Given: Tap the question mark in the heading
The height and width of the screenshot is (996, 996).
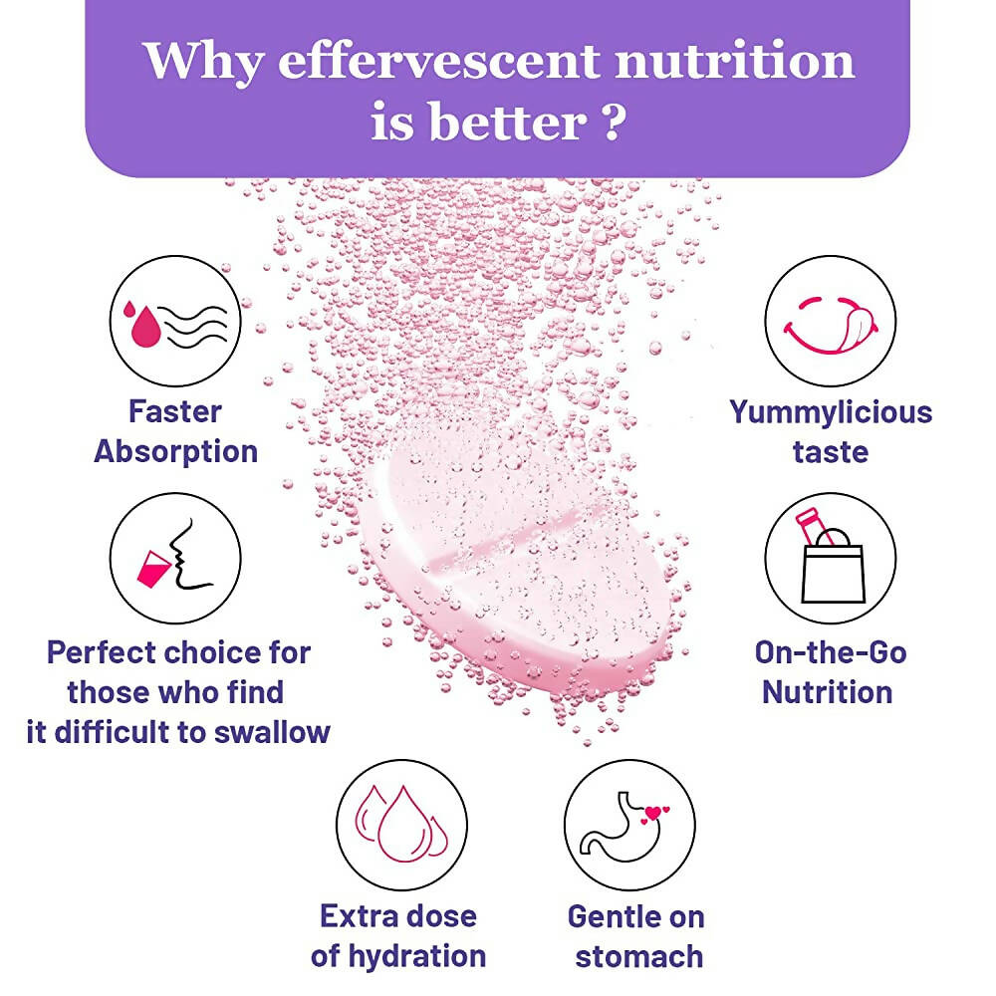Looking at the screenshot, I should point(614,123).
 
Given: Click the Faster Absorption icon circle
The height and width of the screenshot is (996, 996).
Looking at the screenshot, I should point(175,322).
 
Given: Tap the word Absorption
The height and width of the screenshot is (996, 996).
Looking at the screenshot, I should point(175,451).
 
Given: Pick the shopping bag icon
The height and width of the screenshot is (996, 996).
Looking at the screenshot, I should point(830,560).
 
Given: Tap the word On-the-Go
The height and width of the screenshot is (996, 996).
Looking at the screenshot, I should point(830,652).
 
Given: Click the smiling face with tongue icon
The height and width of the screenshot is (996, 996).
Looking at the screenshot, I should point(830,322).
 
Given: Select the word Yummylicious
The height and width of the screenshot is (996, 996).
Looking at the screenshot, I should point(830,411).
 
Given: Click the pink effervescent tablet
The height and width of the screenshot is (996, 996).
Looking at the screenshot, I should point(518,558).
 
